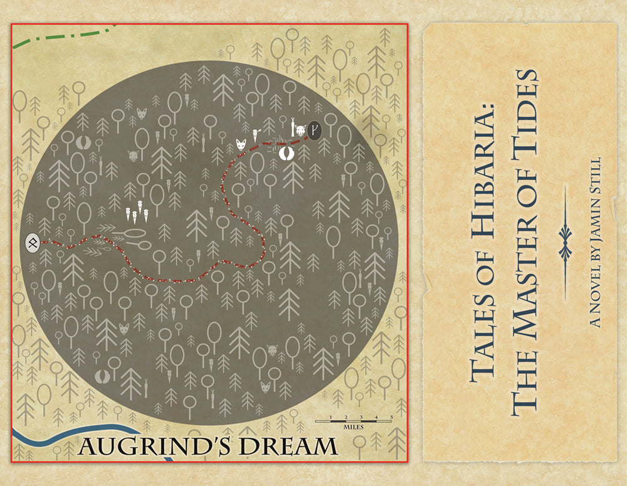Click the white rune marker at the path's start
(33, 242)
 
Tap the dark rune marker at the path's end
(315, 131)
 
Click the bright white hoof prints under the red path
(287, 153)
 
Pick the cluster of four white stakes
(137, 215)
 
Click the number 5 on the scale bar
(391, 417)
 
